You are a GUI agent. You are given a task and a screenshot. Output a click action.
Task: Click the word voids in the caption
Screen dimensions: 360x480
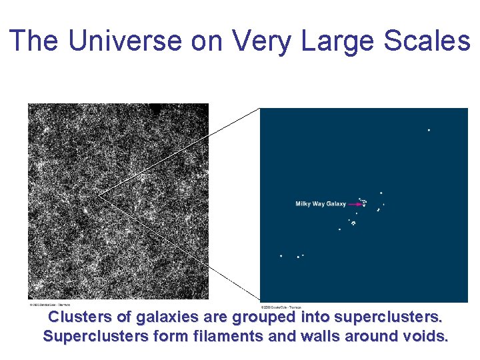tap(425, 336)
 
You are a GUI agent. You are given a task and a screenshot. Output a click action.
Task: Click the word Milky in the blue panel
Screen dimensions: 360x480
tap(304, 204)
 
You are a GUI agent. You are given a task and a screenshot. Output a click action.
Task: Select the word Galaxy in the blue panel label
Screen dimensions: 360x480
tap(337, 204)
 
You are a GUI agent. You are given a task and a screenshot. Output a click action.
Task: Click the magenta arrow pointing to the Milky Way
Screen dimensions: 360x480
tap(355, 205)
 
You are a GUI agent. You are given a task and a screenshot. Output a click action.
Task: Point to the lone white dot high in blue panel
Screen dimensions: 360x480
tap(429, 130)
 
